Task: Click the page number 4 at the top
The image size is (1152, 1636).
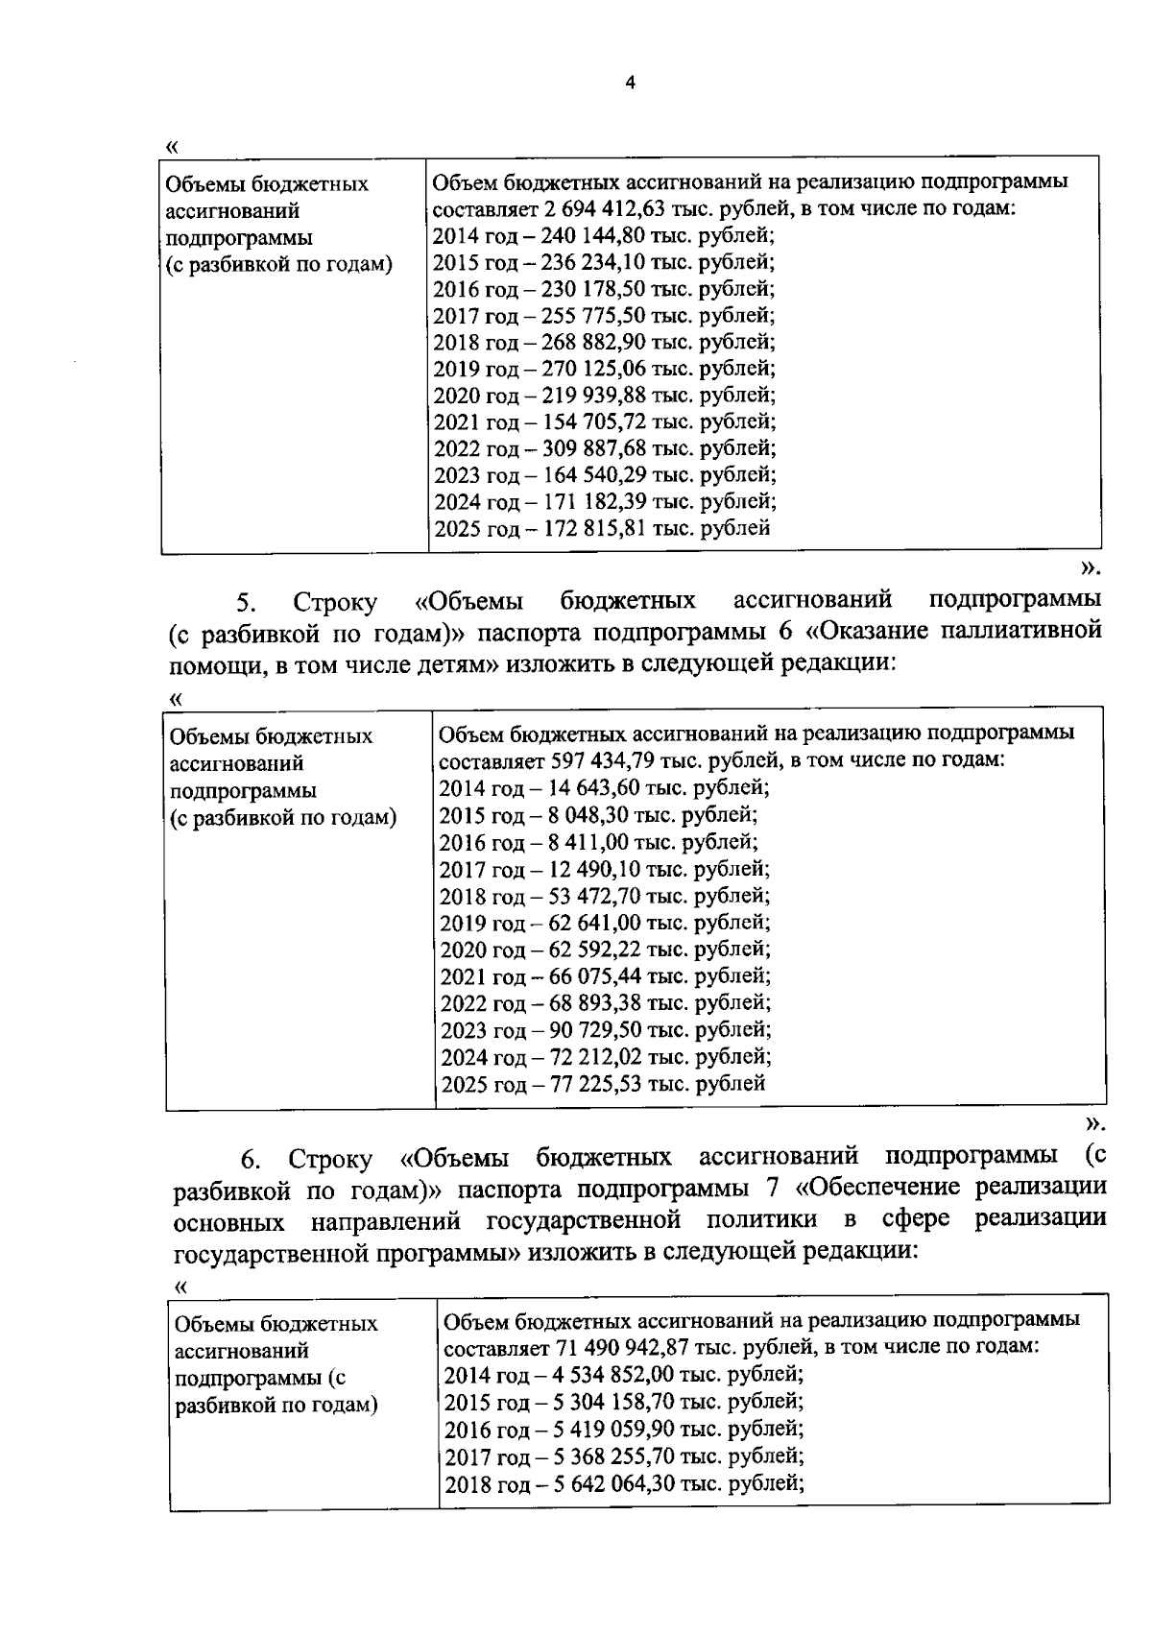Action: pyautogui.click(x=630, y=83)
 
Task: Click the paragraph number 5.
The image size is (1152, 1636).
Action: pyautogui.click(x=246, y=603)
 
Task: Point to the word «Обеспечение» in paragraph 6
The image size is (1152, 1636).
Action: pyautogui.click(x=879, y=1188)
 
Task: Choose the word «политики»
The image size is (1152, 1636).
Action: pyautogui.click(x=762, y=1220)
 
